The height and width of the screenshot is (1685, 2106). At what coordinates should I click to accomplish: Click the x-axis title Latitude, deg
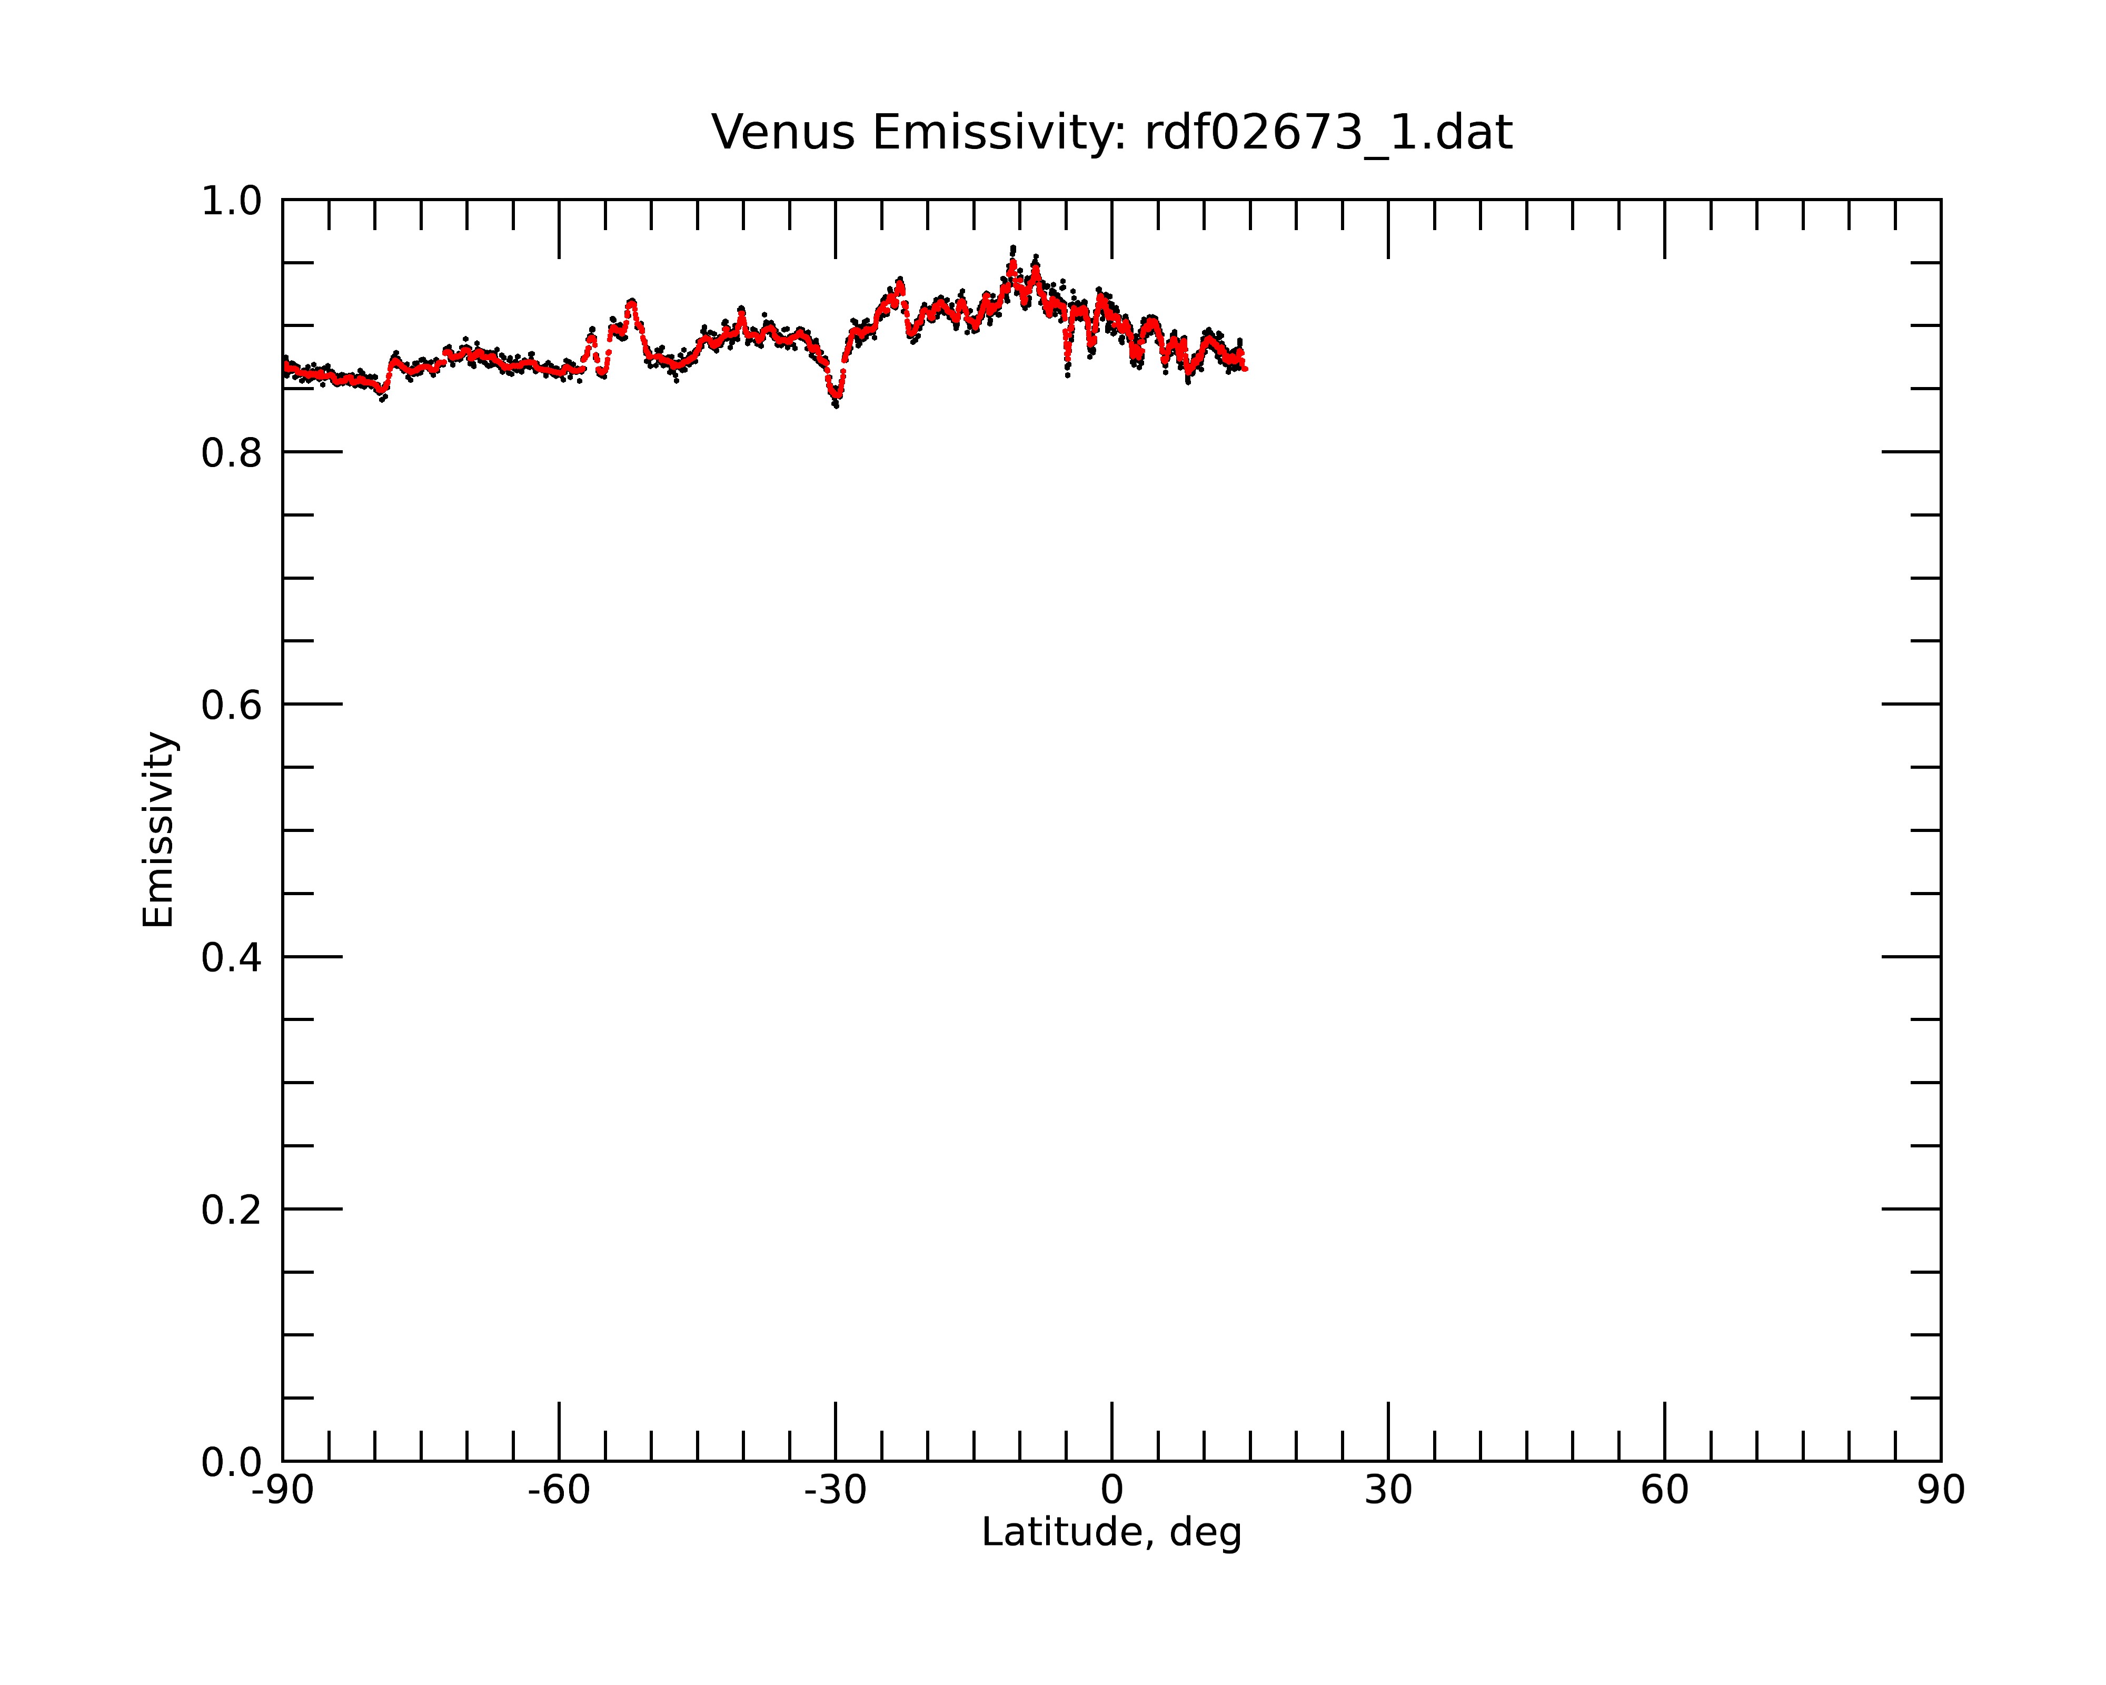pyautogui.click(x=1111, y=1533)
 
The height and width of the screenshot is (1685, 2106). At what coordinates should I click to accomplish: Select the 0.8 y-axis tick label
pyautogui.click(x=232, y=453)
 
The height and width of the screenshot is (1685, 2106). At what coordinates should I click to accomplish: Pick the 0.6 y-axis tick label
pyautogui.click(x=232, y=705)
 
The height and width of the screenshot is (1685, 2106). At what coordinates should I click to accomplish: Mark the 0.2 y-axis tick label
pyautogui.click(x=232, y=1210)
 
